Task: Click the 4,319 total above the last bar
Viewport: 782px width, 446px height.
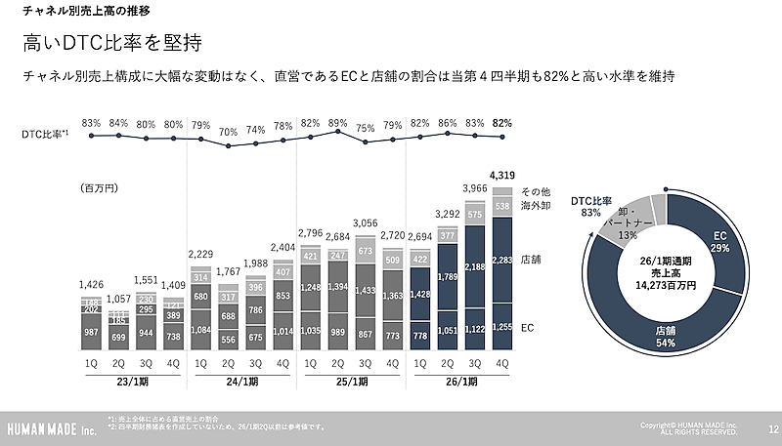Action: coord(503,177)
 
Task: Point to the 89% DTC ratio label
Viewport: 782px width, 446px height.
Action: coord(338,123)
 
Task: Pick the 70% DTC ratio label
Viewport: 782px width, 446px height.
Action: coord(229,132)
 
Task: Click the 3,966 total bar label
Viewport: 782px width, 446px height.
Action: coord(476,188)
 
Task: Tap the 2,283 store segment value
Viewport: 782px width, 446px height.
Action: coord(503,260)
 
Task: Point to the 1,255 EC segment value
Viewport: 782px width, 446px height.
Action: coord(503,327)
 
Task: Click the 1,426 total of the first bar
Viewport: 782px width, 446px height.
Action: coord(92,285)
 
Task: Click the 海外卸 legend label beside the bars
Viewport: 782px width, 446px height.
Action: coord(535,205)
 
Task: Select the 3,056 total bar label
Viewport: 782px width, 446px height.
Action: coord(366,223)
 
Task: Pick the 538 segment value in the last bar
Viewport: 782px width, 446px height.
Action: coord(503,206)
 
